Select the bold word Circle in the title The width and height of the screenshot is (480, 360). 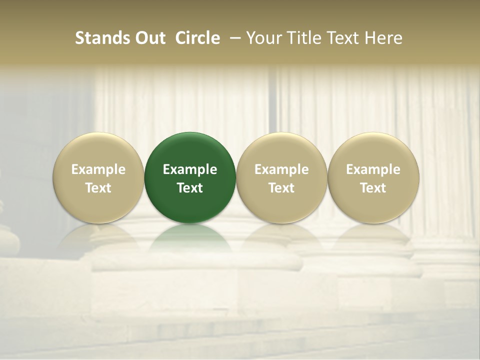[x=197, y=38]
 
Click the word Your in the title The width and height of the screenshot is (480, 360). [x=262, y=38]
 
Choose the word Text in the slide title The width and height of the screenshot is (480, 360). [x=341, y=38]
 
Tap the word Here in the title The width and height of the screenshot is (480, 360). [x=383, y=38]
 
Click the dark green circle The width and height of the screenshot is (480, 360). [x=190, y=150]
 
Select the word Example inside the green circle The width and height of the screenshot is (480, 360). [x=190, y=169]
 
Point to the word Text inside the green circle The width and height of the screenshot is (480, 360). [x=190, y=188]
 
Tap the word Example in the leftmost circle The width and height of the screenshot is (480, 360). [x=98, y=169]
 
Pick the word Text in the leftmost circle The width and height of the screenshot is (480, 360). [x=98, y=188]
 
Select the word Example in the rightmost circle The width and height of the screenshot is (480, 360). [x=373, y=169]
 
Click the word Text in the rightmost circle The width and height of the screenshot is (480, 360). [x=373, y=188]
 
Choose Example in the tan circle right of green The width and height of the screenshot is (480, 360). [x=281, y=169]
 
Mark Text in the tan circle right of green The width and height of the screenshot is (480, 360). [x=281, y=188]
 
